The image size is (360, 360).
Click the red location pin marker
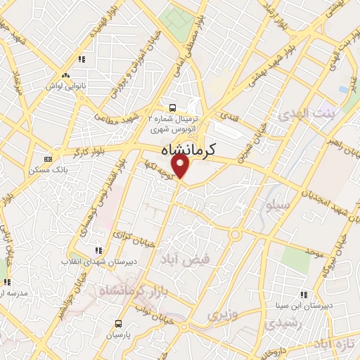click(182, 167)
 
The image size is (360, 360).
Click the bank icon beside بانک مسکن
click(47, 159)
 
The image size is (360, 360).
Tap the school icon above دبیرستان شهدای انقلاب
click(98, 250)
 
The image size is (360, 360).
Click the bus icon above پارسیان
click(117, 323)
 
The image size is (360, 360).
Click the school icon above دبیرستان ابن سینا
click(304, 295)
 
